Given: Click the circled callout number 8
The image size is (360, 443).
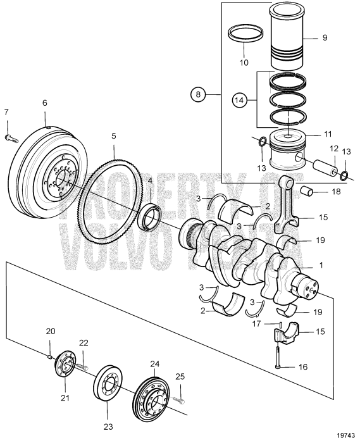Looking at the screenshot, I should (x=198, y=94).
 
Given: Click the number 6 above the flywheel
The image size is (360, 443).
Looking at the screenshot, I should (x=44, y=103).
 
